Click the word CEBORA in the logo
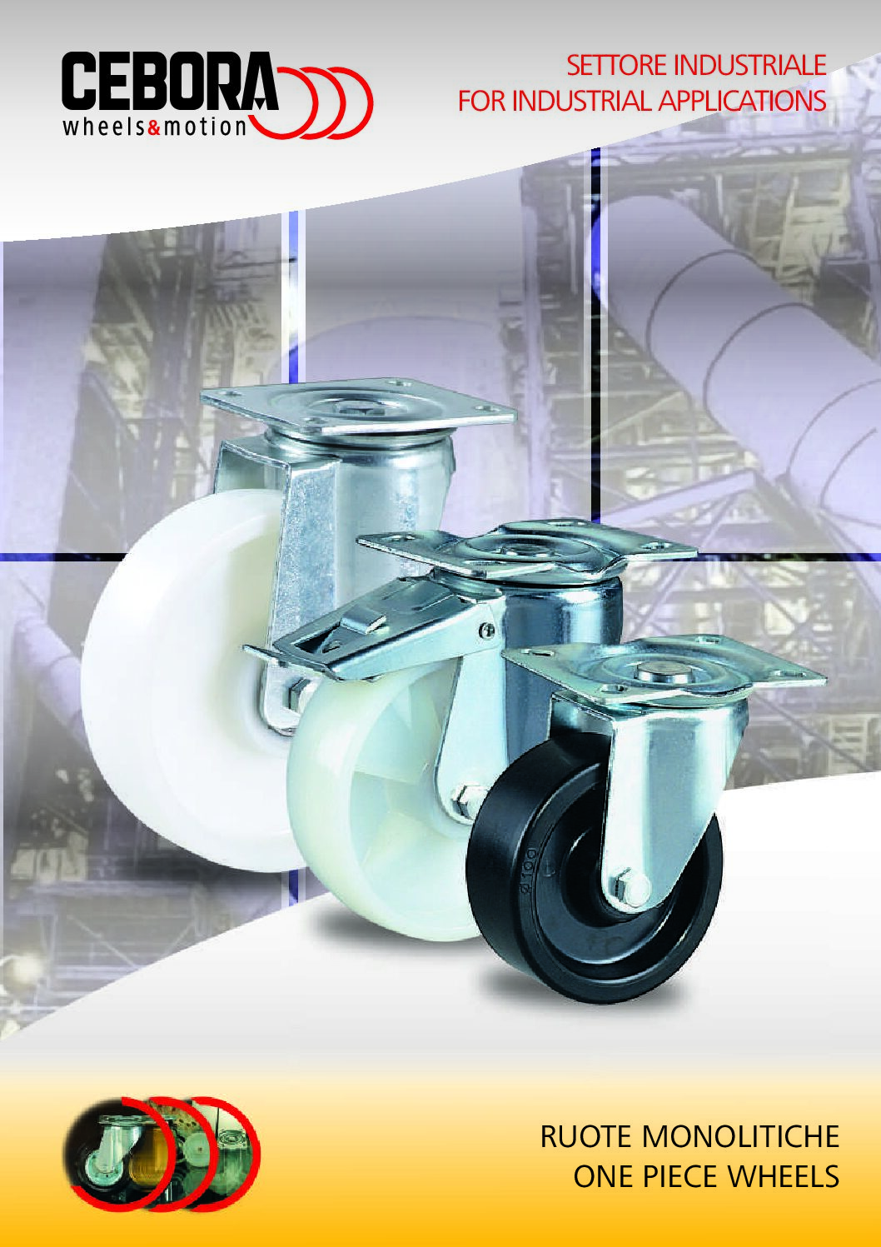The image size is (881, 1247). tap(170, 82)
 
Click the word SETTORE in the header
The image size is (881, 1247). tap(617, 66)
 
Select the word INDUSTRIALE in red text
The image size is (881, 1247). tap(749, 66)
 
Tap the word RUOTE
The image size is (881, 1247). tap(587, 1135)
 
